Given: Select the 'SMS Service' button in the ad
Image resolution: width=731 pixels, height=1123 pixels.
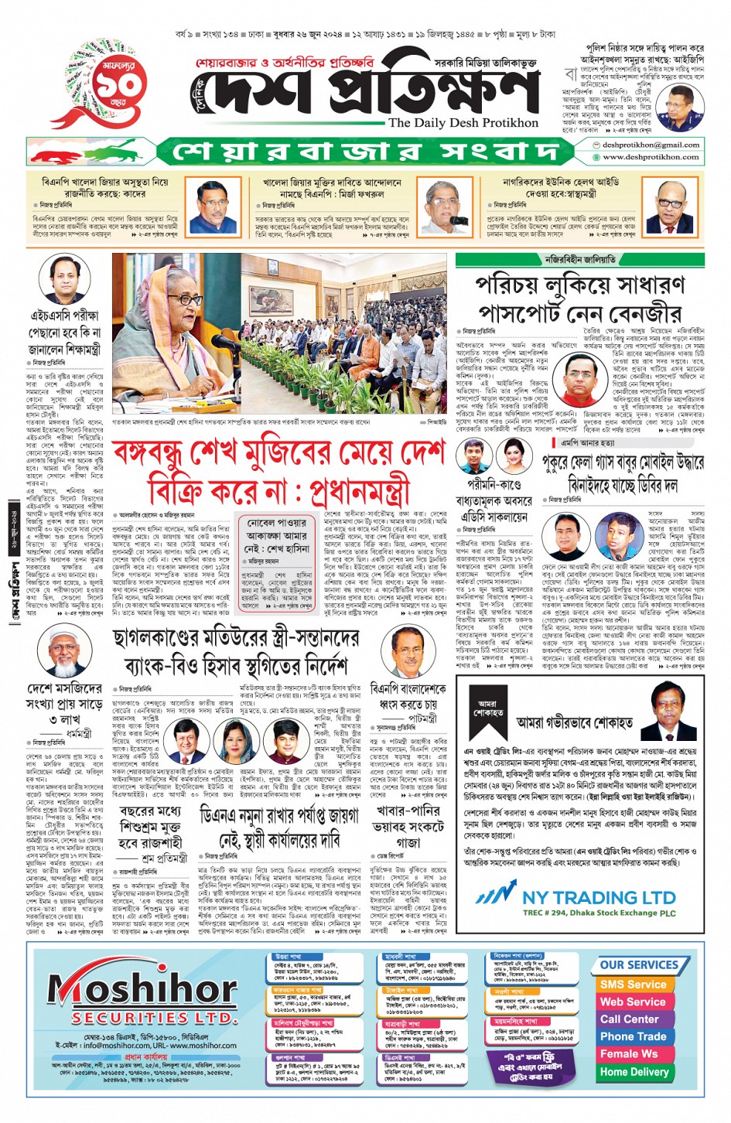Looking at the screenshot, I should (x=632, y=985).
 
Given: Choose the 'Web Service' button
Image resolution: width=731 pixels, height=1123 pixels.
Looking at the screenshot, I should (x=632, y=1002).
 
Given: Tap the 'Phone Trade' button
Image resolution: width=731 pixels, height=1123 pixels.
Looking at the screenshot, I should (x=633, y=1036).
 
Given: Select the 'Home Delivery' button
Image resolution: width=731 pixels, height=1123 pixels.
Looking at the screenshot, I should (x=634, y=1072).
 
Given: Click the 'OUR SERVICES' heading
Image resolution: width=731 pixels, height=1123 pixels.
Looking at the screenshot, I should (x=638, y=965).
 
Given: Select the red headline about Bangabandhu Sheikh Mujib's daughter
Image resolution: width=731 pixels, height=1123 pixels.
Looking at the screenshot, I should (x=278, y=472).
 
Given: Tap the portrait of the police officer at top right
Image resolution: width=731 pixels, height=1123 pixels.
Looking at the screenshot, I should (x=675, y=108).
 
